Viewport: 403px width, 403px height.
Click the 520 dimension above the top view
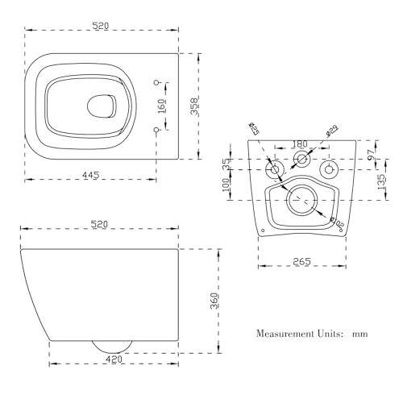(101, 26)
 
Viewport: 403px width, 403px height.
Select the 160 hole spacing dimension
(162, 105)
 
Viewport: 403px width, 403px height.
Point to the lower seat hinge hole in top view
(157, 129)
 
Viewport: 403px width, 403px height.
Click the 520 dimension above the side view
(99, 224)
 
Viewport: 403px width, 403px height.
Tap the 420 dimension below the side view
(114, 359)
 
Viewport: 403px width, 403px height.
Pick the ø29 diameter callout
(330, 128)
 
